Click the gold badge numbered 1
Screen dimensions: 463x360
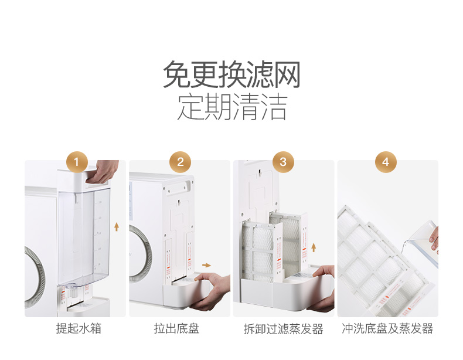[77, 162]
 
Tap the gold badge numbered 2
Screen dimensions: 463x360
[180, 162]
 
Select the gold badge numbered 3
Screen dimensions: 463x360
[283, 162]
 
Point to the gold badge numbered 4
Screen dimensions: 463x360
[386, 162]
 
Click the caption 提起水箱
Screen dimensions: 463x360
[79, 328]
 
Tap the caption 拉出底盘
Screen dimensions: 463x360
[176, 328]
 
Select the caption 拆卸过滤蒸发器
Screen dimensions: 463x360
[284, 329]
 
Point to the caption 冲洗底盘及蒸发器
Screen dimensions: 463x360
[387, 328]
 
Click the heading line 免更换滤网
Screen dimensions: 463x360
[232, 74]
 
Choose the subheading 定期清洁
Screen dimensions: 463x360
[232, 107]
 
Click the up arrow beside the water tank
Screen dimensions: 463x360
[117, 227]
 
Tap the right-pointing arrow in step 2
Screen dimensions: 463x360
[207, 265]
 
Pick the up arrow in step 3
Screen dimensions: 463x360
[314, 247]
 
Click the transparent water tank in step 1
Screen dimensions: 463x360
[84, 236]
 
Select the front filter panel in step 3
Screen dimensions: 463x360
[261, 251]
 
